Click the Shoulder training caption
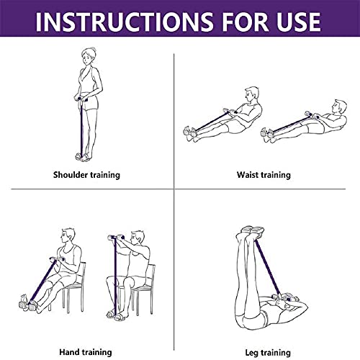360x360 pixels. [x=86, y=175]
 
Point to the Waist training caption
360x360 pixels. [x=264, y=175]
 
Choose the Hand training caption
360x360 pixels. [x=86, y=352]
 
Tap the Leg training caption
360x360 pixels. [x=264, y=352]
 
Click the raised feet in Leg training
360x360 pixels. [x=248, y=232]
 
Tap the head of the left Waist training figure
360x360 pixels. [x=250, y=95]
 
